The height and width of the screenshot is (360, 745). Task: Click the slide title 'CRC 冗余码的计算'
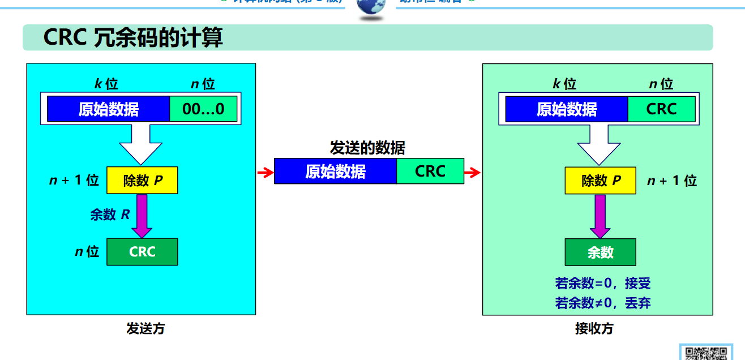pyautogui.click(x=133, y=38)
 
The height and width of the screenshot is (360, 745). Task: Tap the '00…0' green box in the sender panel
pyautogui.click(x=204, y=109)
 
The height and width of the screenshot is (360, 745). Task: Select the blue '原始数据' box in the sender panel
pyautogui.click(x=108, y=109)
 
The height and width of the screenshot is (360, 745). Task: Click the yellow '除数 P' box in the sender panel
pyautogui.click(x=142, y=181)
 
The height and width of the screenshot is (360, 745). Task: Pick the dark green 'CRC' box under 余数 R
pyautogui.click(x=142, y=252)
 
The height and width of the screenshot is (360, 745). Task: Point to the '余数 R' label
pyautogui.click(x=110, y=215)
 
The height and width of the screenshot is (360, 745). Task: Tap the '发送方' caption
pyautogui.click(x=145, y=328)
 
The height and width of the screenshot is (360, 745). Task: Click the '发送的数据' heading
pyautogui.click(x=367, y=148)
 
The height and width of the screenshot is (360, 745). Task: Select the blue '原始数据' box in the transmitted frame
pyautogui.click(x=335, y=171)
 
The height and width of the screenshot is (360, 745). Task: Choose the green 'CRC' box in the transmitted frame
pyautogui.click(x=430, y=171)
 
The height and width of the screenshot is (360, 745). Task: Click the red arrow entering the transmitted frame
pyautogui.click(x=265, y=172)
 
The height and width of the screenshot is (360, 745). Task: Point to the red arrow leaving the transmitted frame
pyautogui.click(x=472, y=172)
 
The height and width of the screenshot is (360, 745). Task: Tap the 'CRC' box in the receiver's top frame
pyautogui.click(x=661, y=109)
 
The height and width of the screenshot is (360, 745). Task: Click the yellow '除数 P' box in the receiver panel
pyautogui.click(x=600, y=181)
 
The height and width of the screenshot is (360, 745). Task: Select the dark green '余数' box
pyautogui.click(x=600, y=252)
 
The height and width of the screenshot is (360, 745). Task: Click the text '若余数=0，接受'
pyautogui.click(x=603, y=283)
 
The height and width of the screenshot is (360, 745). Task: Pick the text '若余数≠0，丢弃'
pyautogui.click(x=603, y=303)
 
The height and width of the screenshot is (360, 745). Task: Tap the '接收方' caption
pyautogui.click(x=594, y=328)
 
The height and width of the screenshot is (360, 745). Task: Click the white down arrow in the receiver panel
pyautogui.click(x=598, y=144)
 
